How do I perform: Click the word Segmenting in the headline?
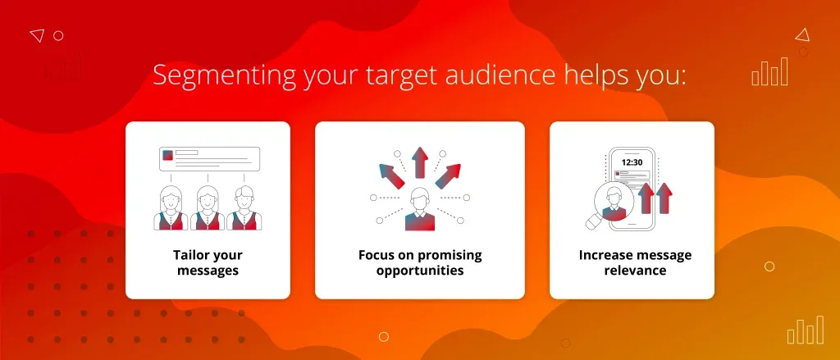click(x=225, y=76)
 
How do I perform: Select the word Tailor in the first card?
click(x=189, y=254)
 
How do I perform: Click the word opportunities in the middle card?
click(x=420, y=270)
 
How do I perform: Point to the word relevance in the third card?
click(x=636, y=270)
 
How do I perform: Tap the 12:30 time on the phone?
click(x=632, y=162)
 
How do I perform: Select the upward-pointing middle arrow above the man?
click(x=420, y=162)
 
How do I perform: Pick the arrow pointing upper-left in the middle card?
click(x=391, y=176)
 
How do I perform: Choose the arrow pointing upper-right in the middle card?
click(x=448, y=176)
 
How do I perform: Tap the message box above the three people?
click(x=209, y=159)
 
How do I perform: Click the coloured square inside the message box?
click(x=167, y=155)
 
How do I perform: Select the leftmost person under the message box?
click(x=171, y=207)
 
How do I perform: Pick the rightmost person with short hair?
click(x=244, y=207)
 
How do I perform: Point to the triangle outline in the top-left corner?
click(x=36, y=35)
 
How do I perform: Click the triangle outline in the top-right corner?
click(x=802, y=35)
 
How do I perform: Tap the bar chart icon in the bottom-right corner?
click(x=806, y=330)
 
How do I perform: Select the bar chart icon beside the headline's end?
click(x=769, y=72)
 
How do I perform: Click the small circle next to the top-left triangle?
click(x=58, y=36)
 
